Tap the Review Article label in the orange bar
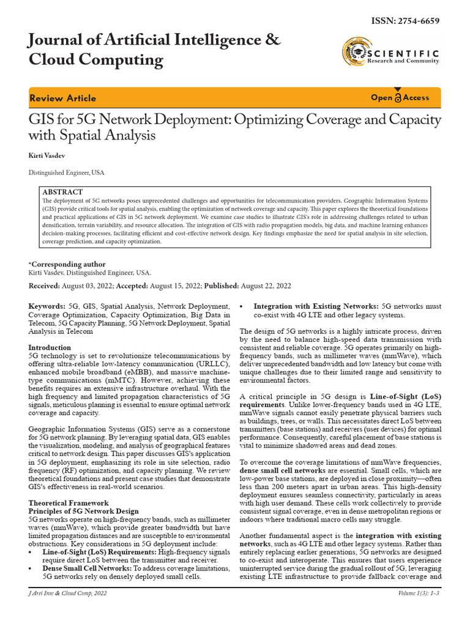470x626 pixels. (x=62, y=98)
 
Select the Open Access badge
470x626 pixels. (x=400, y=98)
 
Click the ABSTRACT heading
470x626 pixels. (x=62, y=192)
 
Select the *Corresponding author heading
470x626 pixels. (x=67, y=264)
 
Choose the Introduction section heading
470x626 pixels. (x=50, y=347)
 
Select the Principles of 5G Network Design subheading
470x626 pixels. (x=83, y=511)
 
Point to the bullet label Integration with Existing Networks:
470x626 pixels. (x=316, y=306)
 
